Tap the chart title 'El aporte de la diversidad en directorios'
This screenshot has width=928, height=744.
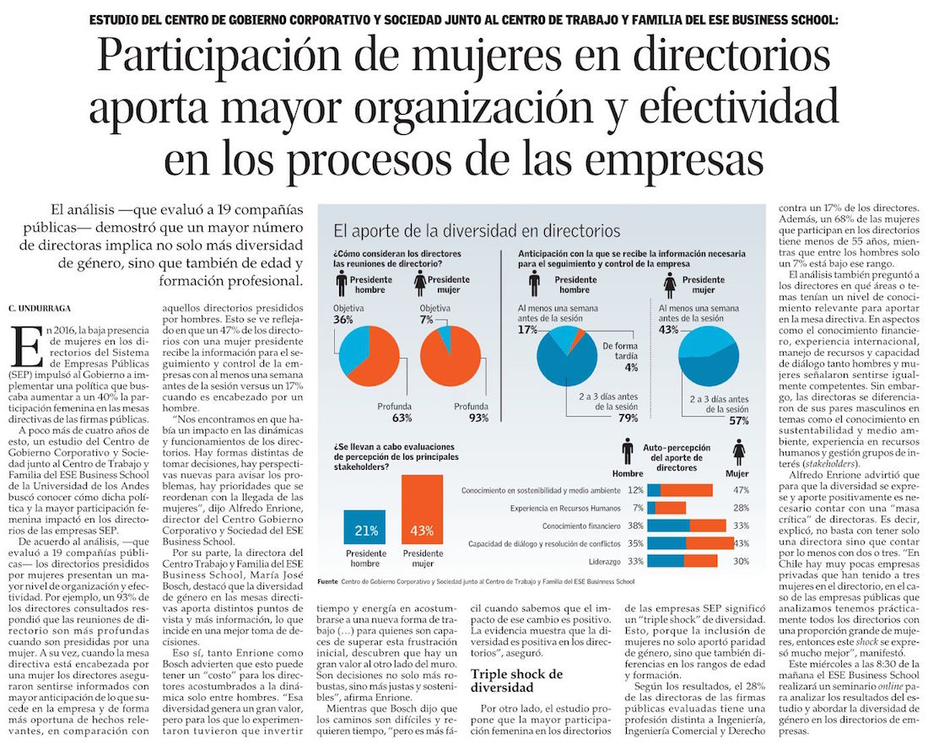tap(477, 230)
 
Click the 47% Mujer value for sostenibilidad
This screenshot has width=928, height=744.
tap(742, 490)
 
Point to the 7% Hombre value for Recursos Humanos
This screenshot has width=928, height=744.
tap(638, 508)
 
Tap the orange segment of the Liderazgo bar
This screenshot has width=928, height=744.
tap(700, 561)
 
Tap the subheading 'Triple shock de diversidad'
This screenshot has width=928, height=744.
tap(516, 680)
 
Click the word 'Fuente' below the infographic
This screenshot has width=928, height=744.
tap(327, 582)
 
